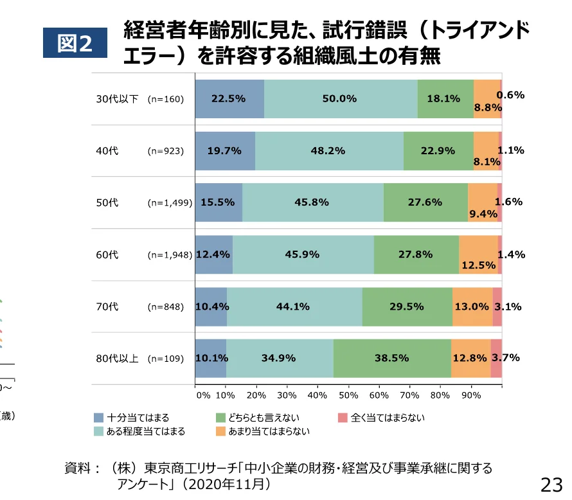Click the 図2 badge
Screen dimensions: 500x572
click(x=75, y=43)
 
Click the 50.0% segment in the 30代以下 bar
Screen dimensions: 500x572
click(x=340, y=99)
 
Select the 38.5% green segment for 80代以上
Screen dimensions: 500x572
click(x=391, y=358)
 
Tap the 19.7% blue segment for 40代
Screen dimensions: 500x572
click(x=224, y=151)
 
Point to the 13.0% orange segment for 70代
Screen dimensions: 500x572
click(x=472, y=307)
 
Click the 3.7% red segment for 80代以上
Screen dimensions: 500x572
click(x=497, y=358)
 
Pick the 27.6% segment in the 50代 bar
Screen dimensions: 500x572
click(x=425, y=202)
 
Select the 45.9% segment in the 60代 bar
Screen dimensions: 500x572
click(x=303, y=254)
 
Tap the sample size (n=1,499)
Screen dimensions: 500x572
click(x=170, y=202)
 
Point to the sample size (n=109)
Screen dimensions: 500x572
click(x=166, y=358)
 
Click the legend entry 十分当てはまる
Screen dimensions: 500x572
click(x=138, y=418)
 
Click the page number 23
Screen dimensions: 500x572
click(x=551, y=483)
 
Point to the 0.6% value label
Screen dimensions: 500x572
click(x=511, y=95)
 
